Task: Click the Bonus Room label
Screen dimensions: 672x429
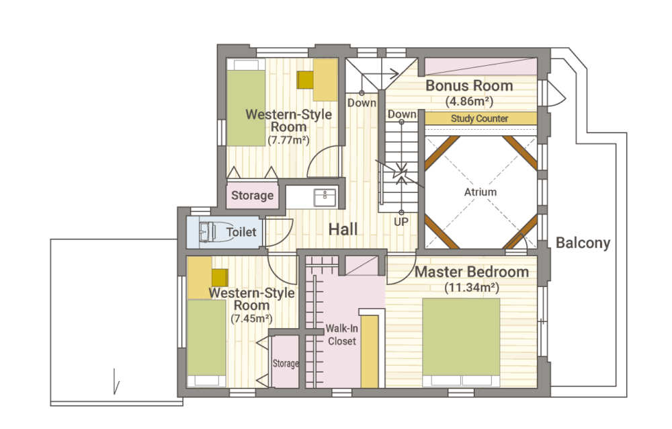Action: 469,85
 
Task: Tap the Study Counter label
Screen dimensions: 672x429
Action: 479,118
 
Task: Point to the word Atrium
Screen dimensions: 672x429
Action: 480,192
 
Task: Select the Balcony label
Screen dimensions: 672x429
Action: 583,243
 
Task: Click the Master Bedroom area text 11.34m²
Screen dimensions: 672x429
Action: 472,287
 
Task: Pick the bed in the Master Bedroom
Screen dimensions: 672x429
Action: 461,342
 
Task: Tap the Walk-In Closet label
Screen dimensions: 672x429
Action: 341,335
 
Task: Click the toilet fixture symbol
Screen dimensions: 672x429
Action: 208,232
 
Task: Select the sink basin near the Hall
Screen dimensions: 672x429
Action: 325,198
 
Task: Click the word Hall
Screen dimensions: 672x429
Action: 343,229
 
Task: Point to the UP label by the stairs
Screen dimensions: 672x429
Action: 401,222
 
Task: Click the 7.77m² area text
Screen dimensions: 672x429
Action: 288,141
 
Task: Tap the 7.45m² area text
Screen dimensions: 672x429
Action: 251,319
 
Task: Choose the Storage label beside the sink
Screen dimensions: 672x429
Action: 253,195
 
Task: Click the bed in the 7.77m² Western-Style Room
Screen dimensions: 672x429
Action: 246,102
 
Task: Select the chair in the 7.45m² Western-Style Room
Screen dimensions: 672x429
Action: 220,278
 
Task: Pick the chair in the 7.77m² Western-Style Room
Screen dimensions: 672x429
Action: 306,80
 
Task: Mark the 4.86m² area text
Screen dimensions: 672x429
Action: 469,102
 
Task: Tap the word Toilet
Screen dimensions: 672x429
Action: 241,232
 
